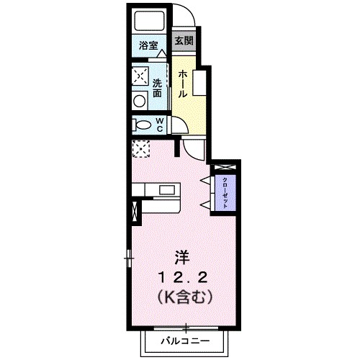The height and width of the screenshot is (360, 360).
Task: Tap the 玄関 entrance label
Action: coord(183,40)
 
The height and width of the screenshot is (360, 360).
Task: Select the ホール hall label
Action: coord(183,83)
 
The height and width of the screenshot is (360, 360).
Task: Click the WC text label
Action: coord(158,125)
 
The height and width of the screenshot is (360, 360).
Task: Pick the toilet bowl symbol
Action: coord(140,125)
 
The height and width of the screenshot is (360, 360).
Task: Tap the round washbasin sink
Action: coord(140,100)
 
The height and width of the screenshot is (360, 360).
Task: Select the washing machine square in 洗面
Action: coord(140,76)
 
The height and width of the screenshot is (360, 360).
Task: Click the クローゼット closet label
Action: coord(225,193)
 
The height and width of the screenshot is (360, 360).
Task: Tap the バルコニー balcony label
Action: coord(184,339)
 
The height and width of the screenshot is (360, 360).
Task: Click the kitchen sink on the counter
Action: coord(168,191)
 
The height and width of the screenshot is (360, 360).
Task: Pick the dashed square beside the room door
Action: coord(140,149)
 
